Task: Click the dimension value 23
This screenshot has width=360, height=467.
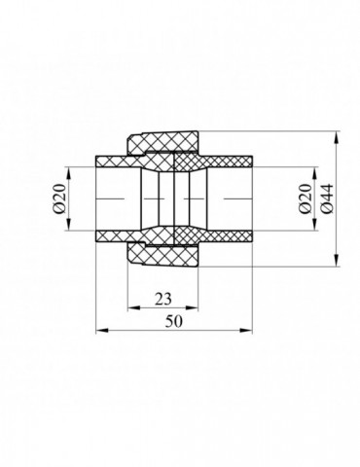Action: [162, 299]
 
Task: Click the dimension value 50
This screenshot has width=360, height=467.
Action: [174, 321]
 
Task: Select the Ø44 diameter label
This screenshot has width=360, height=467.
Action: [327, 198]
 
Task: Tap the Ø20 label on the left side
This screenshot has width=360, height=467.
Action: [59, 198]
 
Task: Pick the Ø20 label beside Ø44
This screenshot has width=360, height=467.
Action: [306, 198]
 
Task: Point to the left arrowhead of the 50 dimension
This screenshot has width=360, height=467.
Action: [102, 331]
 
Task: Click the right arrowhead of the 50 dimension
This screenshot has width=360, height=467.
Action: [246, 331]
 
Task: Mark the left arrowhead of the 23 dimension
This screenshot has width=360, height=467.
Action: [133, 307]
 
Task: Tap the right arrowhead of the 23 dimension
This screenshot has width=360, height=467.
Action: [192, 307]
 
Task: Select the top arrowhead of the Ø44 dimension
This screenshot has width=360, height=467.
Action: [337, 137]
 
